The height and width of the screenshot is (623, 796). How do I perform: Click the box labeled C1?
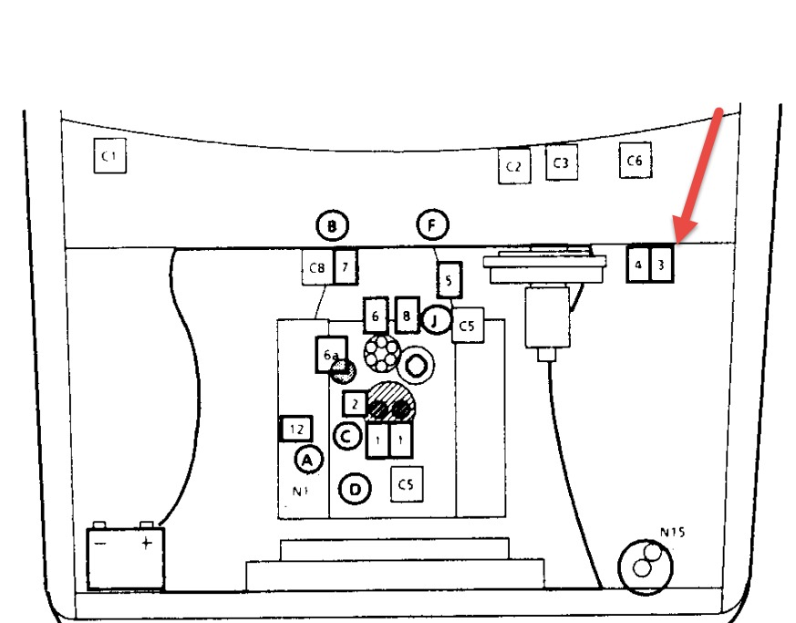tap(109, 158)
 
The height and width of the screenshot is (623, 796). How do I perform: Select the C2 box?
tap(514, 166)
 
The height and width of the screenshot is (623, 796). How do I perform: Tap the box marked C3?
tap(561, 163)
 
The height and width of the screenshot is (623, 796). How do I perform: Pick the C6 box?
tap(635, 161)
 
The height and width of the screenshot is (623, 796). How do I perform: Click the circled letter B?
tap(333, 225)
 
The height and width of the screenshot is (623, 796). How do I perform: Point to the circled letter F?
tap(433, 223)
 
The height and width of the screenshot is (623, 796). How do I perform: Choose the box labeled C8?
tap(316, 268)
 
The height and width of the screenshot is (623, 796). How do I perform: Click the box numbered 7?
tap(345, 267)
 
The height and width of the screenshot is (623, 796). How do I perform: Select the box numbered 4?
tap(638, 265)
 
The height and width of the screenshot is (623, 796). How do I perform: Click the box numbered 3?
tap(662, 265)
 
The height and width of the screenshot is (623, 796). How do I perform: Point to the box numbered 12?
tap(295, 429)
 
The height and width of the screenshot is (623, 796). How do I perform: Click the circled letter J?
tap(436, 320)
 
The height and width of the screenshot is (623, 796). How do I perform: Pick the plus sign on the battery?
tap(144, 545)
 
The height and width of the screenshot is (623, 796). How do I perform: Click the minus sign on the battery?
tap(101, 545)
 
